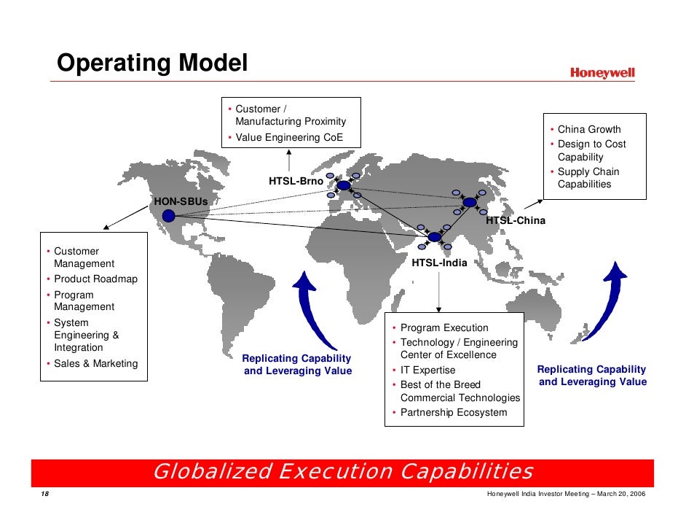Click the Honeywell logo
click(602, 73)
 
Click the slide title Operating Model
click(153, 63)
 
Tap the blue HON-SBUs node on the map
click(169, 215)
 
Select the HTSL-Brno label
click(296, 181)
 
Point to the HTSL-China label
click(515, 220)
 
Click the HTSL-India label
click(439, 263)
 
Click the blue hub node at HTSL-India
click(435, 237)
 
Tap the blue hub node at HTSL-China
click(470, 202)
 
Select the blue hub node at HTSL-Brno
click(343, 185)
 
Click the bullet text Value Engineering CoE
click(288, 138)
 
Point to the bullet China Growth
click(589, 130)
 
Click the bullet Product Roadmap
click(95, 279)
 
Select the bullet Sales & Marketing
click(95, 363)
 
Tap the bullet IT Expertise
click(427, 371)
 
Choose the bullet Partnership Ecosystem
click(453, 413)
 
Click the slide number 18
click(45, 495)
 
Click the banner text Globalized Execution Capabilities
click(343, 471)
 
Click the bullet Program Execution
click(444, 328)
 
